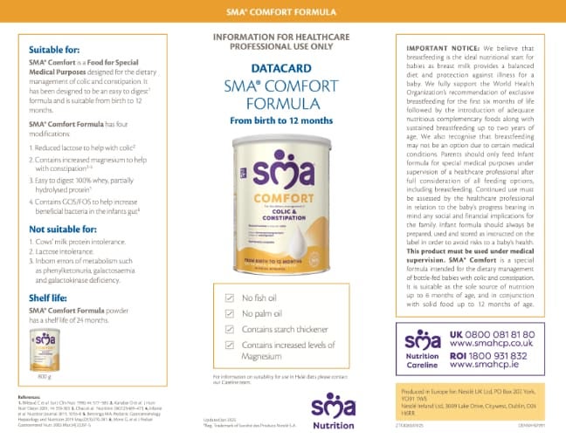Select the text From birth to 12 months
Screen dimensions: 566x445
coord(283,119)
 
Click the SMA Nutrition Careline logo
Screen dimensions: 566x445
coord(424,351)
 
